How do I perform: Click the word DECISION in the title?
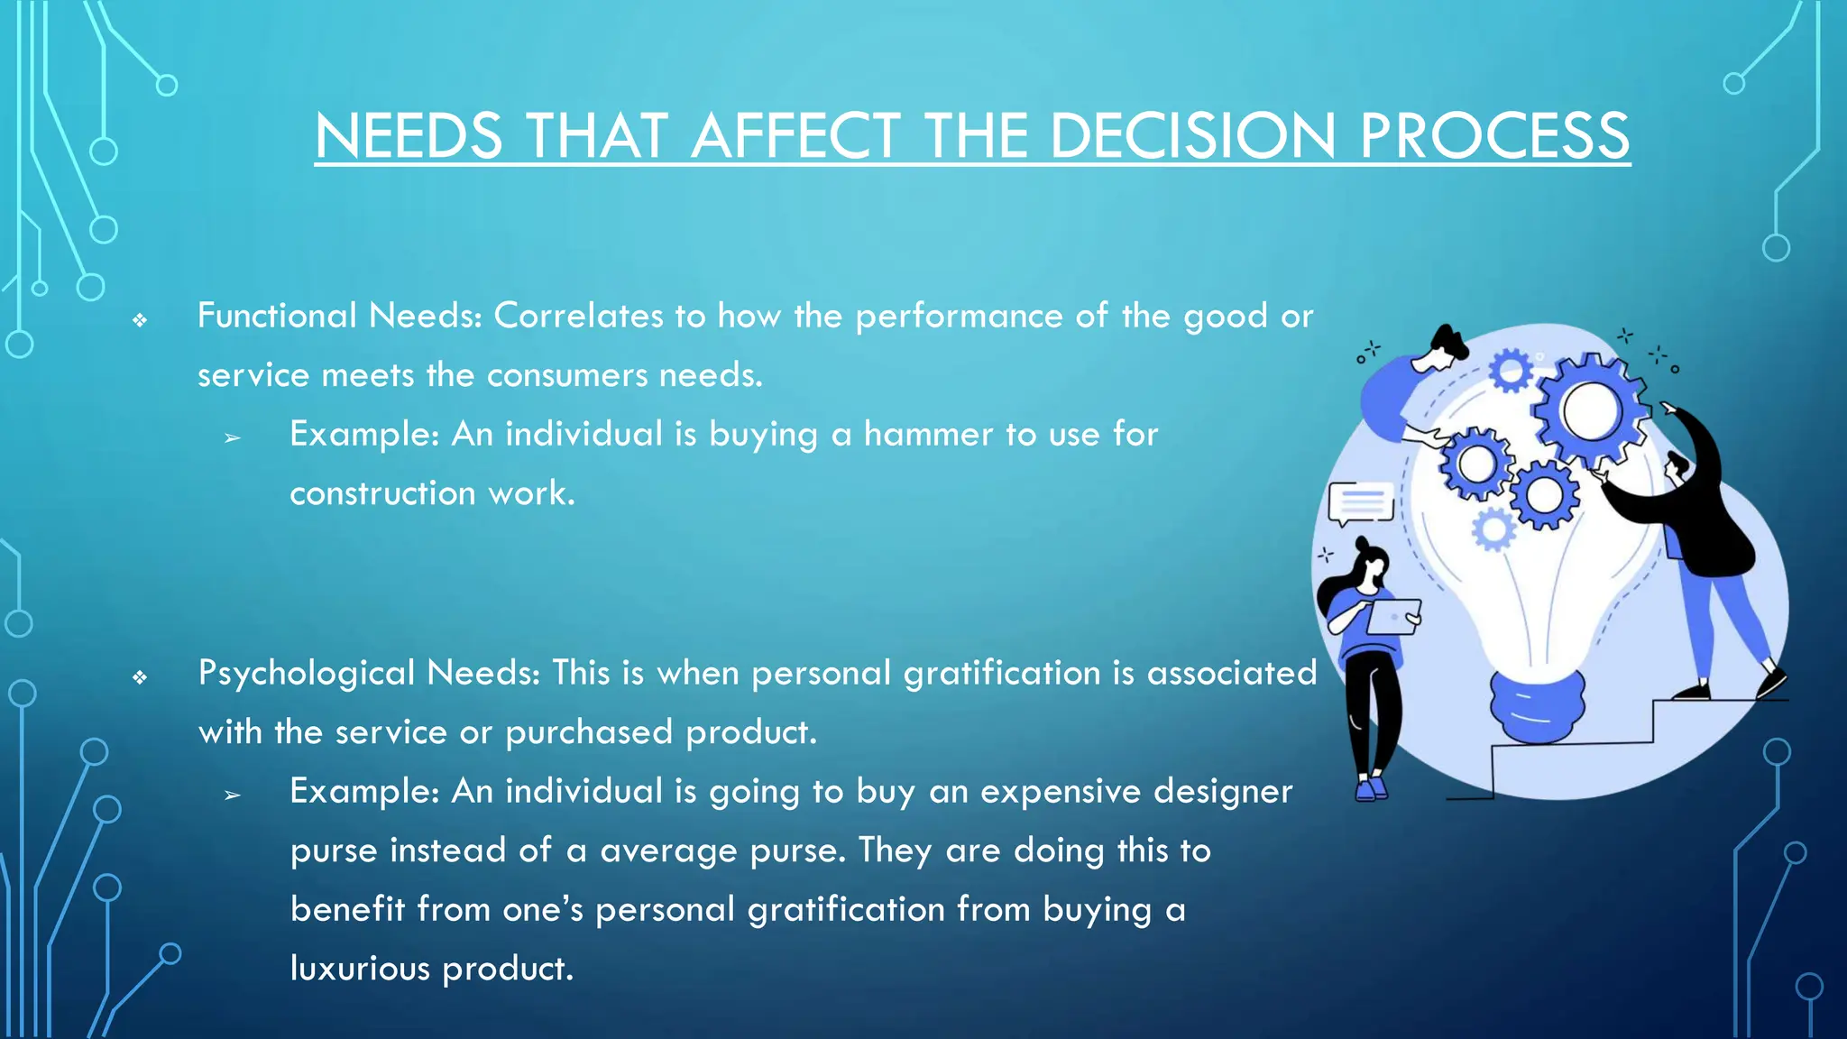[x=1192, y=136]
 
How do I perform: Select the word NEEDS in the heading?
[x=409, y=136]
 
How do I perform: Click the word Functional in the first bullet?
[x=277, y=316]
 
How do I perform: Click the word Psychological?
[x=307, y=673]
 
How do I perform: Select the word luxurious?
[x=360, y=969]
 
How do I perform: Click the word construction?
[x=382, y=493]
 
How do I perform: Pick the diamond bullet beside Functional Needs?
[x=140, y=319]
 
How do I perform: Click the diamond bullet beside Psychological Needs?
[x=140, y=676]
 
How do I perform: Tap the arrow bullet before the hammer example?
[x=233, y=438]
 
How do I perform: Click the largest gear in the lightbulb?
[x=1592, y=411]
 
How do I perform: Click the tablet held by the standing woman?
[x=1394, y=617]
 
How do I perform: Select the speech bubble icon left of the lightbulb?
[x=1360, y=503]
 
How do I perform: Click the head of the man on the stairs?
[x=1677, y=466]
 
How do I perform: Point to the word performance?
[x=959, y=316]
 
